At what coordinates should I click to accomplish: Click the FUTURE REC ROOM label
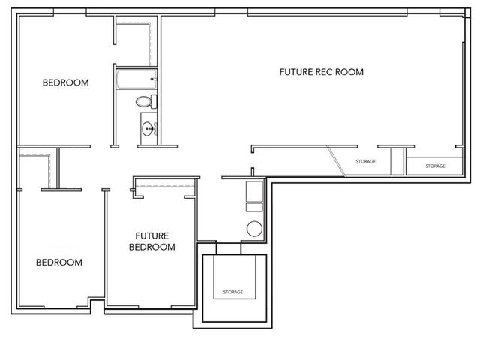pyautogui.click(x=321, y=73)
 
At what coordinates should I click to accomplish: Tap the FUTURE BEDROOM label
pyautogui.click(x=152, y=240)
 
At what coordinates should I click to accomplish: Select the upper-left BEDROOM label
pyautogui.click(x=65, y=82)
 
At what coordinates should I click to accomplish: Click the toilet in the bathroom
pyautogui.click(x=143, y=100)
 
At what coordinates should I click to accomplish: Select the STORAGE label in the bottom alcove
pyautogui.click(x=232, y=292)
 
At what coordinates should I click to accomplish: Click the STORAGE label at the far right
pyautogui.click(x=435, y=166)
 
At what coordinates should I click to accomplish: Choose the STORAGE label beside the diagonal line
pyautogui.click(x=365, y=161)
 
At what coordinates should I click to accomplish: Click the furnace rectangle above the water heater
pyautogui.click(x=255, y=192)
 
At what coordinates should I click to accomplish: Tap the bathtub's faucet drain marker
pyautogui.click(x=152, y=78)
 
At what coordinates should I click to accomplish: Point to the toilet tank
pyautogui.click(x=152, y=100)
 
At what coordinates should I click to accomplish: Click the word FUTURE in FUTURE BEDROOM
pyautogui.click(x=152, y=234)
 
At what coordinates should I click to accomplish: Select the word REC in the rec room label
pyautogui.click(x=324, y=73)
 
